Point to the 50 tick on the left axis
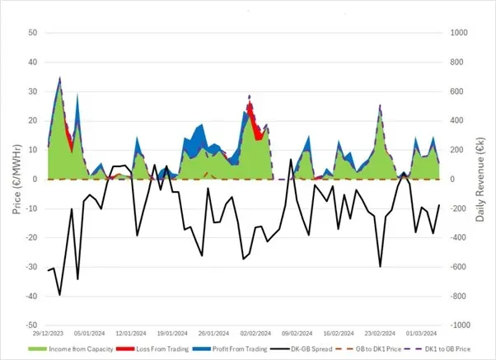[x=32, y=33]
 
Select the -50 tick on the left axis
[x=30, y=325]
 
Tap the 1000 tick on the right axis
[x=458, y=33]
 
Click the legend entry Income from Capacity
[x=63, y=350]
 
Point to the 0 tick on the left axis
[x=35, y=179]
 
